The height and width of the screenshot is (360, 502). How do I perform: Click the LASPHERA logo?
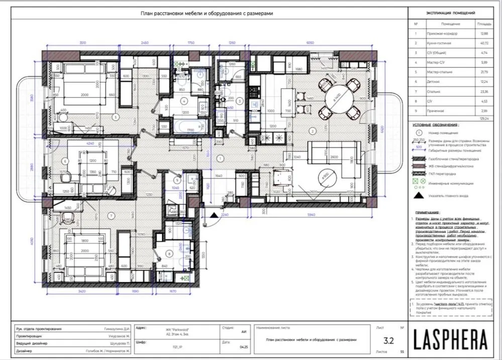point(451,339)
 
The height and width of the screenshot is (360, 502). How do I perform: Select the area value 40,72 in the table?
point(484,43)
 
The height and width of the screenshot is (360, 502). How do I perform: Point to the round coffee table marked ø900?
point(327,176)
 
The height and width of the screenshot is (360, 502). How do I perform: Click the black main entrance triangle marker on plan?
point(213,217)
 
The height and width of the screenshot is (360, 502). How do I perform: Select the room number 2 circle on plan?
point(313,131)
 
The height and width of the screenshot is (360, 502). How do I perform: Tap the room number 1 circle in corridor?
point(219,159)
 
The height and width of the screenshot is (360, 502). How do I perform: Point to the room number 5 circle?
point(116,117)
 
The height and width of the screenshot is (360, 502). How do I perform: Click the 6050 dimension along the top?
point(311,44)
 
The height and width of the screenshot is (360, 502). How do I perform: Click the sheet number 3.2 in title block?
point(388,339)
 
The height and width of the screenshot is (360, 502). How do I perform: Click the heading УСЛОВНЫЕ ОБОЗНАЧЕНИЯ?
point(435,125)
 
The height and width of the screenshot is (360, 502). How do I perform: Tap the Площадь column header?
point(484,24)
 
